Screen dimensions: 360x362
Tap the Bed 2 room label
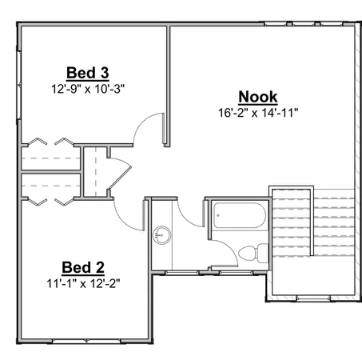coord(83,267)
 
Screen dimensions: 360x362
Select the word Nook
coord(259,96)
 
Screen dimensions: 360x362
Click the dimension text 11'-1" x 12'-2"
coord(83,282)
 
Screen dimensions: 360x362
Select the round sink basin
coord(162,235)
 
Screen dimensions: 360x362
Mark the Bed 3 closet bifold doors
coord(48,143)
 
